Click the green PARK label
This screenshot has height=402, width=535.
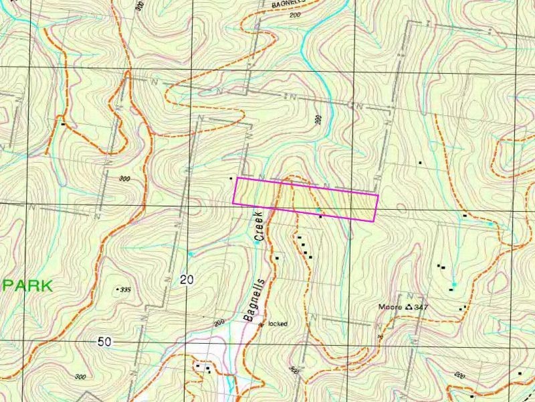(27, 285)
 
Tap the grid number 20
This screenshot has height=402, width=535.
(187, 280)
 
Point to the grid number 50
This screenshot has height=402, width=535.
(104, 341)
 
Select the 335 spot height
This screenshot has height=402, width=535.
(123, 289)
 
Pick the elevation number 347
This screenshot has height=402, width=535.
(421, 308)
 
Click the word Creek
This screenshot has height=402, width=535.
(260, 226)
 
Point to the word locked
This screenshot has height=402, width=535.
(278, 324)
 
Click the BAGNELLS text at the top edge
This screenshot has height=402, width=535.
(288, 3)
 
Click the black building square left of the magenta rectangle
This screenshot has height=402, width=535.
(231, 178)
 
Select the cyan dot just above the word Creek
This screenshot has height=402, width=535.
(257, 243)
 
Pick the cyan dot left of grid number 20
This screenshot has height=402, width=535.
(191, 254)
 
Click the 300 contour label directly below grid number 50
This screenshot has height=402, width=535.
(81, 377)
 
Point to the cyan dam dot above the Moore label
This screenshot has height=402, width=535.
(454, 285)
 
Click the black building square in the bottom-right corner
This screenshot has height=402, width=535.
(520, 373)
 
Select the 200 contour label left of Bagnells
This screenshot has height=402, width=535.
(219, 323)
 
